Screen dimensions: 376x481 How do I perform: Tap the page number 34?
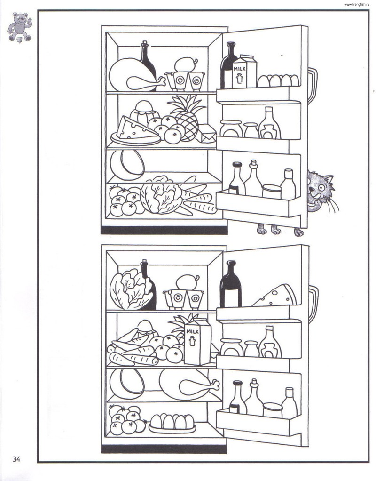tap(16, 459)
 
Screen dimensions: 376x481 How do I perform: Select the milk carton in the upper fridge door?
tap(244, 72)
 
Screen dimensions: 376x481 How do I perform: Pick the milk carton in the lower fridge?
tap(198, 341)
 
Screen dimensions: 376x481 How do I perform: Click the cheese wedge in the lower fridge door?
tap(275, 296)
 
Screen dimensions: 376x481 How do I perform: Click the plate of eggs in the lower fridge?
tap(172, 423)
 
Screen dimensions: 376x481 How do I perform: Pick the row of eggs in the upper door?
tap(278, 80)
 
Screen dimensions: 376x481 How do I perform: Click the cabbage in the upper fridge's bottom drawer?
tap(160, 194)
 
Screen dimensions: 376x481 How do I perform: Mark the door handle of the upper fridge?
tap(312, 86)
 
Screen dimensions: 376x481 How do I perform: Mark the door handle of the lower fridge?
tap(313, 304)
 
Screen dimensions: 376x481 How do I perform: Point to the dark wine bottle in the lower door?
tap(231, 285)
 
